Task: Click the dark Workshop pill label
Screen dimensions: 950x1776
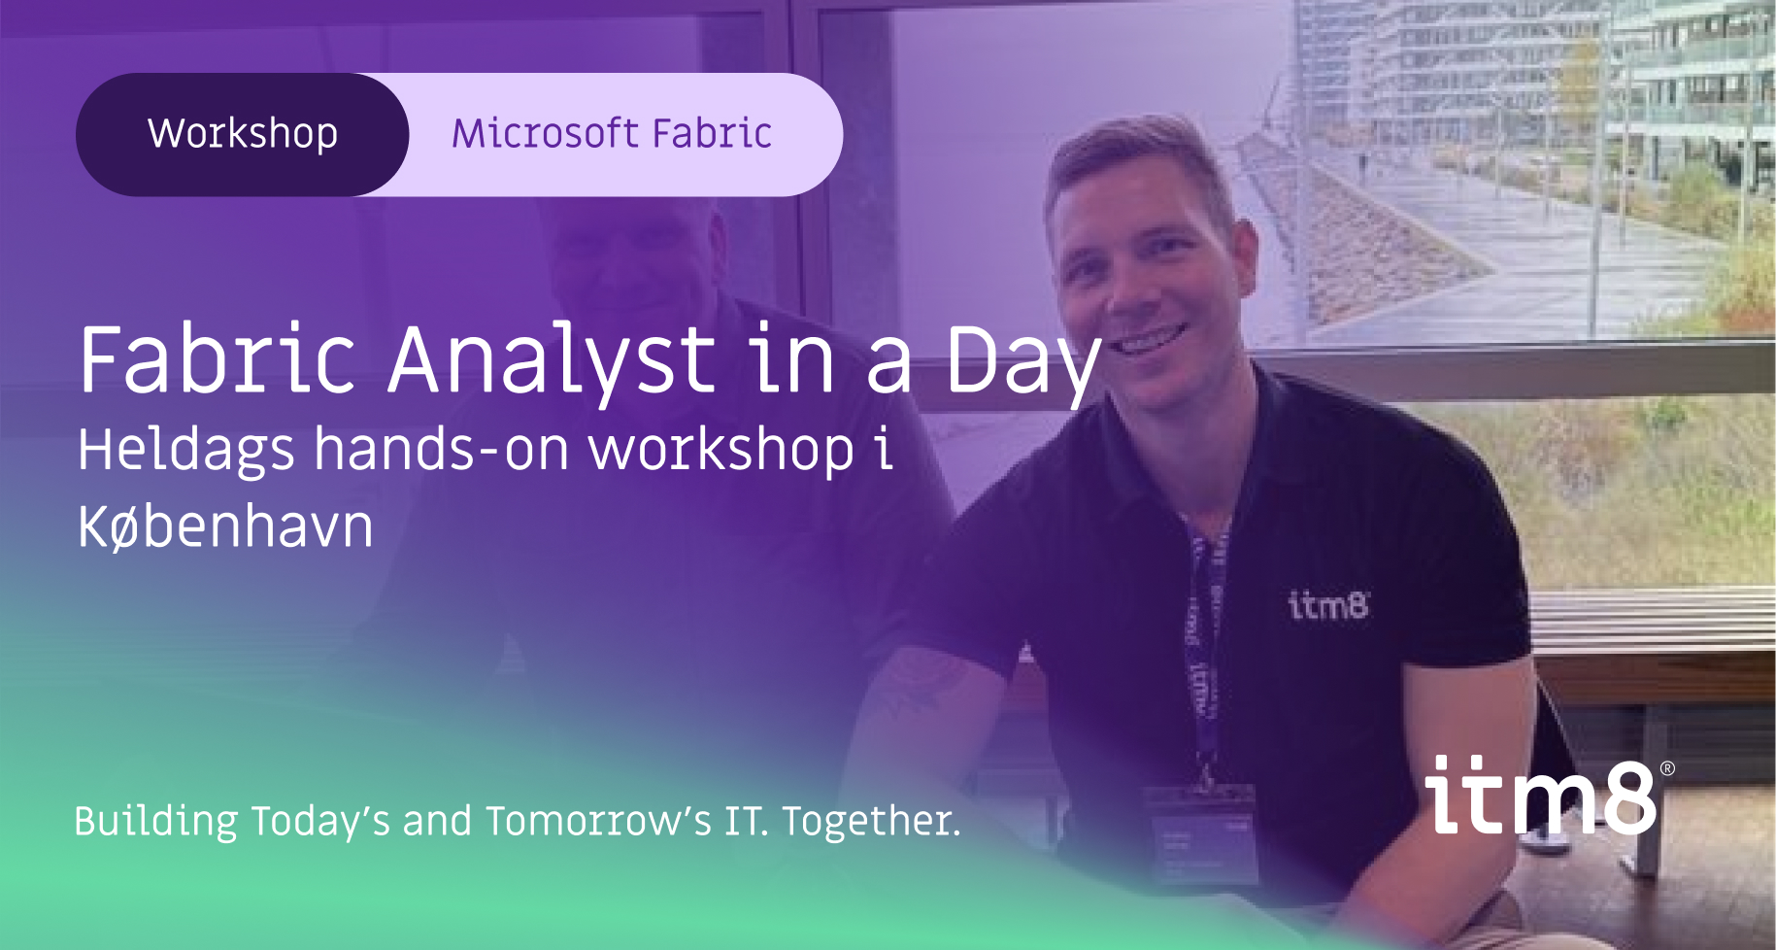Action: tap(242, 134)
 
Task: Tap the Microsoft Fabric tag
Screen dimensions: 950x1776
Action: tap(612, 134)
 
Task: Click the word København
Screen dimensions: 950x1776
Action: tap(225, 527)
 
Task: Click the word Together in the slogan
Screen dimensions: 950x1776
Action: tap(870, 821)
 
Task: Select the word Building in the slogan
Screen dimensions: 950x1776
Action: tap(155, 821)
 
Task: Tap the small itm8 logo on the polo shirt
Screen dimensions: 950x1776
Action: tap(1327, 605)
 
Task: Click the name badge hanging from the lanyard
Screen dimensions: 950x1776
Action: tap(1200, 835)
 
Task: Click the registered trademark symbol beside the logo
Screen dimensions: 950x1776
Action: tap(1667, 768)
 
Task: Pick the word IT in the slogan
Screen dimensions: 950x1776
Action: tap(745, 821)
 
